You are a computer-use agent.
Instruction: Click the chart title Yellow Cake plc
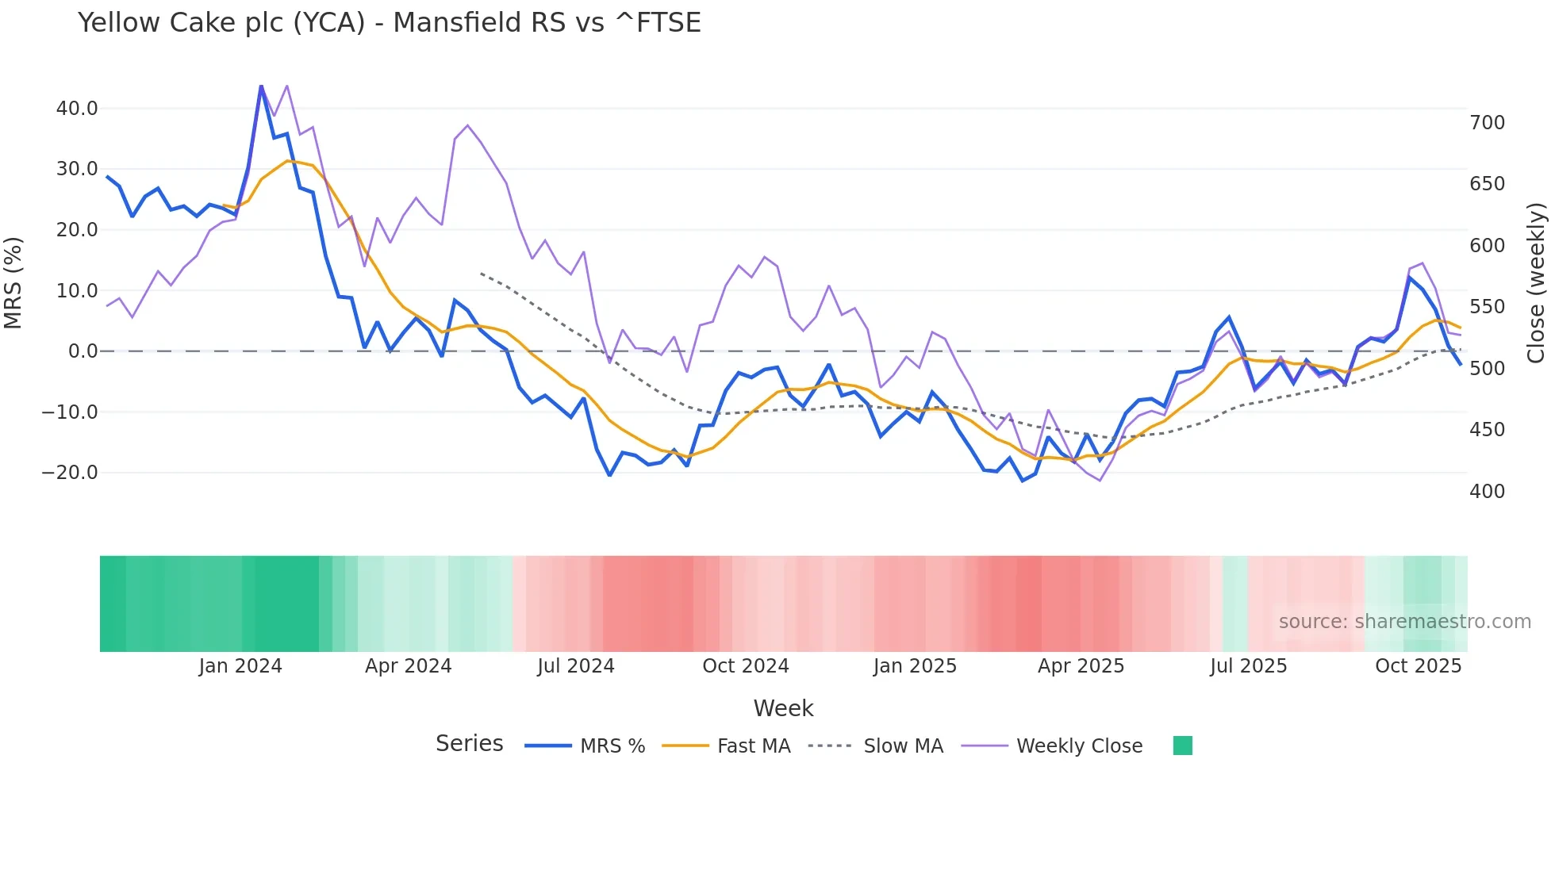click(389, 23)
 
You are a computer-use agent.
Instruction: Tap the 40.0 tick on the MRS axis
click(77, 109)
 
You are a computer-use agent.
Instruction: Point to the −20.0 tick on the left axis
click(70, 473)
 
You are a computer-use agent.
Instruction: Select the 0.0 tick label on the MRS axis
click(83, 351)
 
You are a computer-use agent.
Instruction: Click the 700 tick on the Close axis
click(1487, 123)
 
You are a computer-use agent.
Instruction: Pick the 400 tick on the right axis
click(1487, 492)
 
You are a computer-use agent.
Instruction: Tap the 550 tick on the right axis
click(1487, 307)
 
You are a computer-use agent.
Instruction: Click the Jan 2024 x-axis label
click(240, 666)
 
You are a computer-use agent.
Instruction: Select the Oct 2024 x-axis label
click(745, 666)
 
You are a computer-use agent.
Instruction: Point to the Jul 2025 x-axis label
click(1248, 666)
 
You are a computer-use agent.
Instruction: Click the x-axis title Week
click(783, 708)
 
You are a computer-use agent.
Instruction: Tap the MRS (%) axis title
click(13, 283)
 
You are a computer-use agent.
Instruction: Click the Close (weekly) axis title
click(1537, 283)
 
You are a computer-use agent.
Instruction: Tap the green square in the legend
click(1182, 746)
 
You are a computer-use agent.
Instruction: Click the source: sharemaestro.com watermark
click(1404, 622)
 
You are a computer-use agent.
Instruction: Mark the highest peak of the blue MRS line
click(261, 86)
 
